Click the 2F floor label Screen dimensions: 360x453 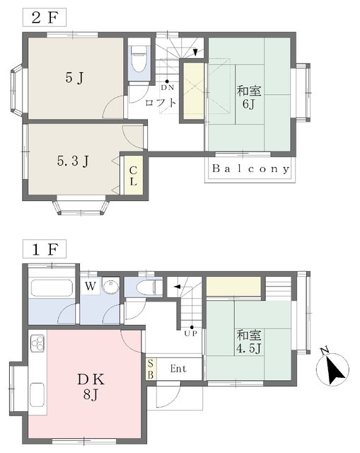click(x=45, y=18)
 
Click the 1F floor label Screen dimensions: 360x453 click(x=45, y=249)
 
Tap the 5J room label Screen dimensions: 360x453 click(x=74, y=78)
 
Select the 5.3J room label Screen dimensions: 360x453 click(x=73, y=161)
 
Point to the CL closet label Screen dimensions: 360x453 click(x=133, y=176)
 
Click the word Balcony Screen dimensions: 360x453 click(x=250, y=168)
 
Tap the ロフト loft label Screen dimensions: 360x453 click(x=161, y=102)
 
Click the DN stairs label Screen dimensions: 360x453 click(x=168, y=88)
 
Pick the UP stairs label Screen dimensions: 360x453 click(x=191, y=333)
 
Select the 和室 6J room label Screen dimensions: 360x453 click(x=249, y=97)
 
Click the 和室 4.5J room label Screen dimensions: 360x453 click(x=249, y=342)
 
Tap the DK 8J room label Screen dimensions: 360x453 click(x=91, y=386)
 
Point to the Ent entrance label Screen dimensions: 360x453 click(x=178, y=369)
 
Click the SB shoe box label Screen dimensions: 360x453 click(x=151, y=369)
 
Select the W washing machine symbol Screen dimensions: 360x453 click(x=91, y=286)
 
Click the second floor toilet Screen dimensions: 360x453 click(x=139, y=59)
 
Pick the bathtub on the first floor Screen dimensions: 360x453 click(x=51, y=288)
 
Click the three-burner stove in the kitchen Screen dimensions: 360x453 click(x=37, y=343)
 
